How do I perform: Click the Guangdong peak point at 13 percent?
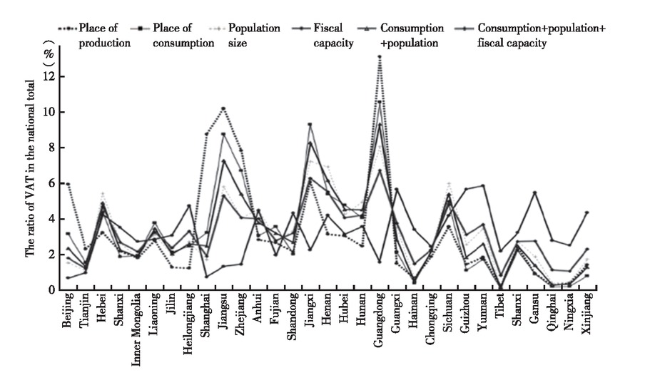(x=380, y=56)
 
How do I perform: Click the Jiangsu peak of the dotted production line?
(x=223, y=108)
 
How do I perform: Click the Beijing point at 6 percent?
(x=68, y=184)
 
